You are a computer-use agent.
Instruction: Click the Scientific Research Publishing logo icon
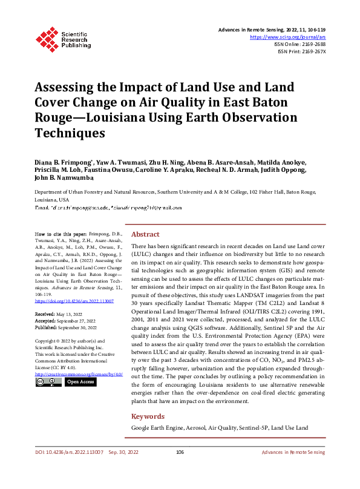coord(46,38)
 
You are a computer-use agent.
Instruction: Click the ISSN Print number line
coord(301,51)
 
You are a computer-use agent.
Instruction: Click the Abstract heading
coord(145,234)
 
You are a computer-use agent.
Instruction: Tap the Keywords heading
coord(148,416)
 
